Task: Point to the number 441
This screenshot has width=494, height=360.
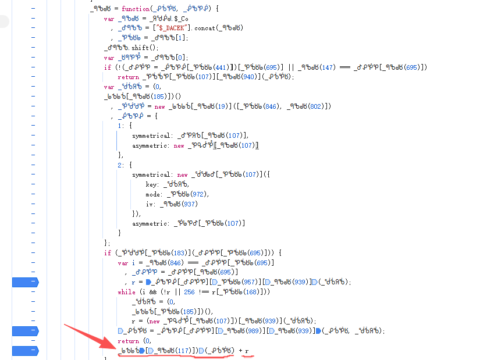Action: (222, 67)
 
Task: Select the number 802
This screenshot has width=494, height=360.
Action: (320, 106)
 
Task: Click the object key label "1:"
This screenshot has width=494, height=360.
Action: (120, 126)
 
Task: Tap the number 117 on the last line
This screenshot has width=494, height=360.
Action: (183, 351)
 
